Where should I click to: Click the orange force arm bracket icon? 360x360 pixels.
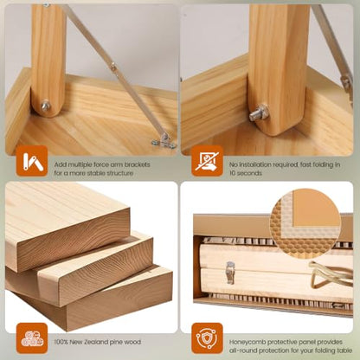32,161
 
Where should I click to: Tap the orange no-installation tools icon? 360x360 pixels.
207,161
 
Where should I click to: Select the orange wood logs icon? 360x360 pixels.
32,338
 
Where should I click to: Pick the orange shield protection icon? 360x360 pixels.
207,338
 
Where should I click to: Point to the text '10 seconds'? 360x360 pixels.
246,173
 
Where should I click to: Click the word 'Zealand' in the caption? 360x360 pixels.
96,342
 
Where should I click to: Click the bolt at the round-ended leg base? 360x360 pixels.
45,106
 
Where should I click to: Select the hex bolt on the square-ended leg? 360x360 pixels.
259,112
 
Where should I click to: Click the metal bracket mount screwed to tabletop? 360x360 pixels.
164,141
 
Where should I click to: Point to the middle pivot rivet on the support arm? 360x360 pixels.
113,67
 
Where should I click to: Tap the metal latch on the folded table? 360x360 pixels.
230,272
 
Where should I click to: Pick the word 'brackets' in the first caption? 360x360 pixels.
137,164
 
